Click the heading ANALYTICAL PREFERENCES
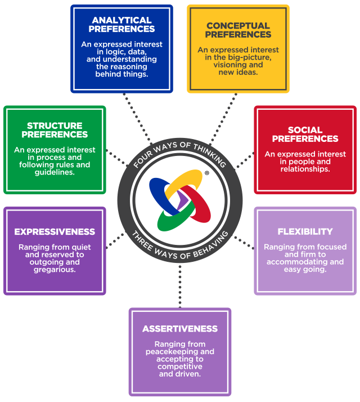[x=121, y=25]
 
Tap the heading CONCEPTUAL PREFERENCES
[x=238, y=30]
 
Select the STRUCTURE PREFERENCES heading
[x=55, y=130]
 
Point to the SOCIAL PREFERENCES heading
[x=305, y=134]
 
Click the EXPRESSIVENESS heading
[x=55, y=231]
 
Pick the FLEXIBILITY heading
[x=305, y=231]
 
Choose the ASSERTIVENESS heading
[x=180, y=328]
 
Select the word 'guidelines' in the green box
[x=55, y=172]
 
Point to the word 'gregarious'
[x=55, y=269]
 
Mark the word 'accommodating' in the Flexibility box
[x=305, y=262]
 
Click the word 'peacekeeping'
[x=180, y=351]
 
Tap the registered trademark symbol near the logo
[x=206, y=174]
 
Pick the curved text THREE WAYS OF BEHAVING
[x=180, y=246]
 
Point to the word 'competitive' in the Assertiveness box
[x=180, y=367]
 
